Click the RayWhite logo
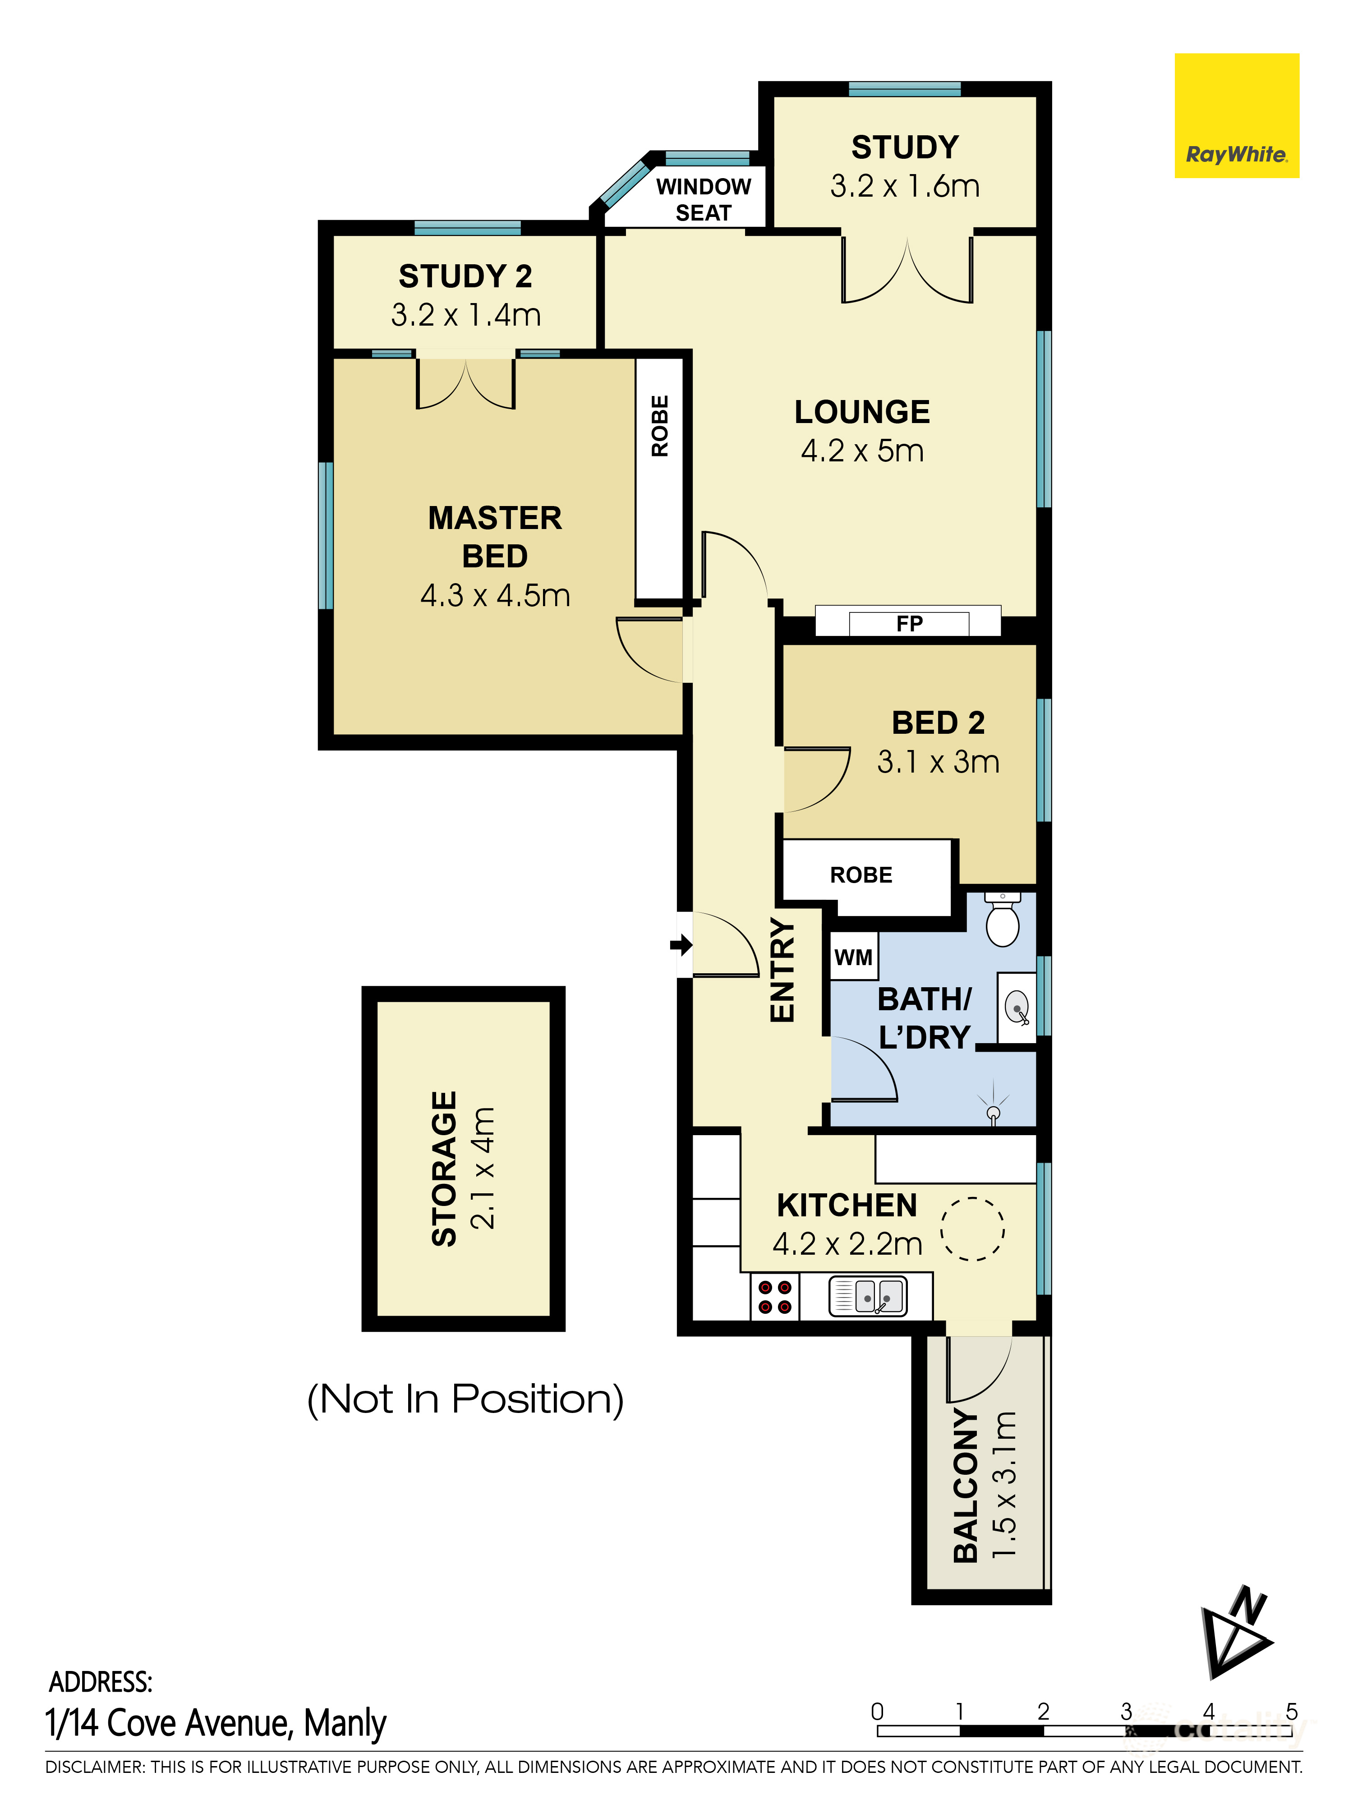tap(1236, 116)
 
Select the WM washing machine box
tap(854, 957)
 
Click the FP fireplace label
tap(909, 624)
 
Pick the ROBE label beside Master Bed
tap(660, 426)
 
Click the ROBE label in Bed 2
tap(861, 875)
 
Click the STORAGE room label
tap(445, 1169)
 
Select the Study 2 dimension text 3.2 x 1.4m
tap(466, 315)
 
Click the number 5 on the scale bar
tap(1291, 1711)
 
